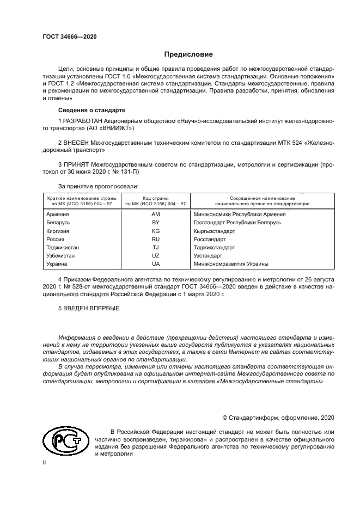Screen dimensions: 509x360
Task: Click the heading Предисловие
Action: click(x=189, y=54)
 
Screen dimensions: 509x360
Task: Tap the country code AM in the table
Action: click(x=155, y=214)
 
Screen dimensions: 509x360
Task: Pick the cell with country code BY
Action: click(x=155, y=223)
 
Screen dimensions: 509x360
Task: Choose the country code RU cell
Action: click(x=155, y=239)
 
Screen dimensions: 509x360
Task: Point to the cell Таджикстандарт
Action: click(x=215, y=247)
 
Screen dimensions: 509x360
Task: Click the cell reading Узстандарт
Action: click(x=208, y=255)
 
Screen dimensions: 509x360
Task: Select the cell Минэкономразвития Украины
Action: click(x=231, y=263)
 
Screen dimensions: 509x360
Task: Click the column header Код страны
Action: click(x=155, y=198)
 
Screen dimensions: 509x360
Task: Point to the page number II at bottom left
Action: click(x=45, y=462)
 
